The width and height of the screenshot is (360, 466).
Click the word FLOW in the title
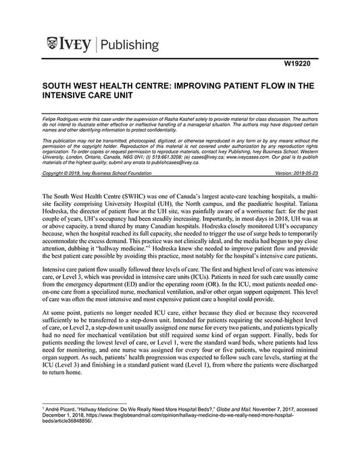pyautogui.click(x=278, y=86)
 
